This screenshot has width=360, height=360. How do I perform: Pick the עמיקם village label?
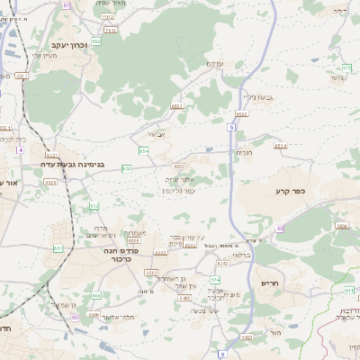click(213, 63)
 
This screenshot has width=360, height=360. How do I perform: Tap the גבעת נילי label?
click(257, 97)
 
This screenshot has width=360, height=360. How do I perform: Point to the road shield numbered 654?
click(144, 151)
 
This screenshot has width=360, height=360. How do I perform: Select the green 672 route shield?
click(346, 67)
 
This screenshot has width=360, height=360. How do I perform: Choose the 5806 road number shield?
click(341, 228)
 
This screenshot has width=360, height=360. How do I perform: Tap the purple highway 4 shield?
click(19, 149)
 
